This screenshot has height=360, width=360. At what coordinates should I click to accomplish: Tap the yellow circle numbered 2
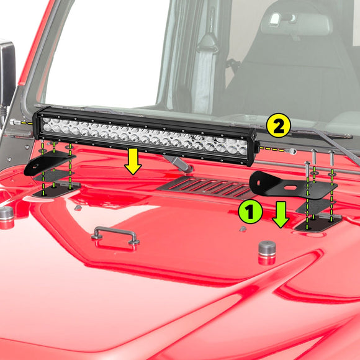278,127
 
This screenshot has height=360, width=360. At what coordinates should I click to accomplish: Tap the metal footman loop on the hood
115,234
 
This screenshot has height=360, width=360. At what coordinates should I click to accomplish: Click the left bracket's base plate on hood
56,189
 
